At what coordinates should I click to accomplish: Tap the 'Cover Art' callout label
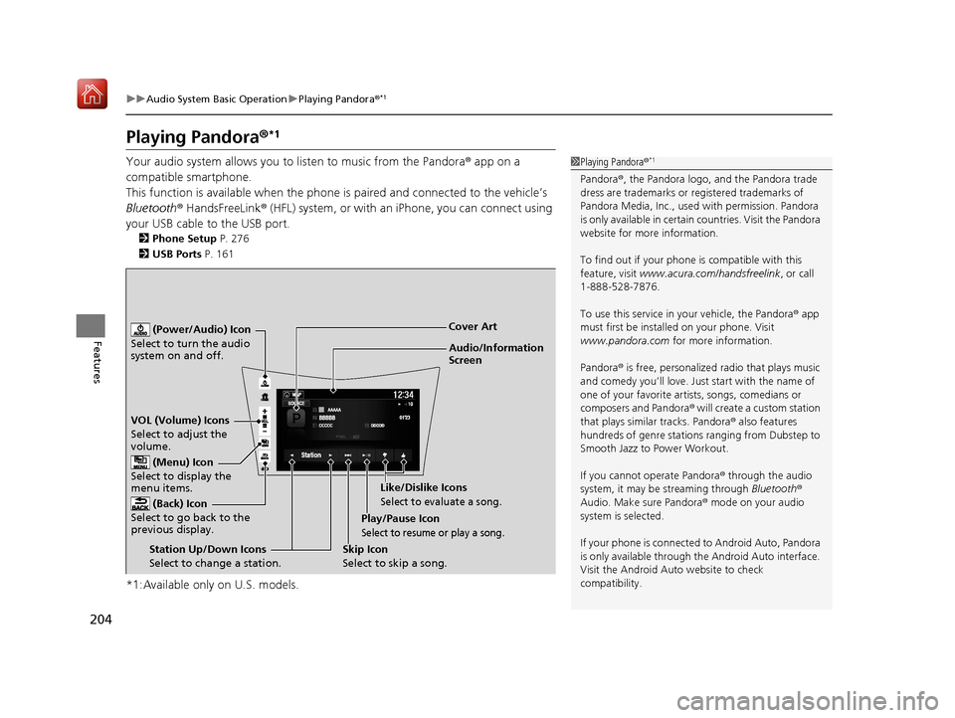[473, 326]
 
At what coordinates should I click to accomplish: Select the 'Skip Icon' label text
[365, 549]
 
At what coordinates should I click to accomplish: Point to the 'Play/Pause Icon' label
[401, 519]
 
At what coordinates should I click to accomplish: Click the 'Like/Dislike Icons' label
[423, 487]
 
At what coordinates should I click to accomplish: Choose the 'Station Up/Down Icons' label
[207, 549]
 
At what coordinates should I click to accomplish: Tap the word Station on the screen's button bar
[310, 455]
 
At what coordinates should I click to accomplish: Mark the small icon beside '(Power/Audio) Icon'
[140, 330]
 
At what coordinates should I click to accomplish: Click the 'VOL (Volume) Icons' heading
[180, 421]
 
